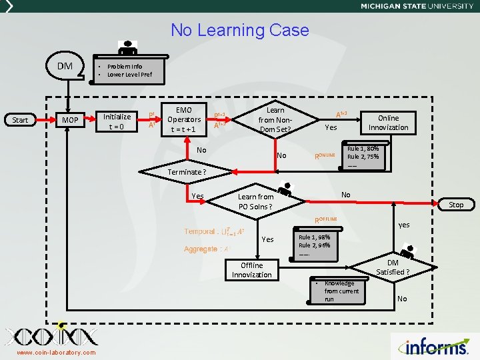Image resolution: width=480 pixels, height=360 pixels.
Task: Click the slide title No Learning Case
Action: (240, 30)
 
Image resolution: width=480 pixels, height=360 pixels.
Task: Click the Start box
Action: (21, 120)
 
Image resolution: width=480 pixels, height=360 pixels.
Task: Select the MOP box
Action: (70, 120)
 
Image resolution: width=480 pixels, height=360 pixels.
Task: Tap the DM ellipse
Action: (65, 66)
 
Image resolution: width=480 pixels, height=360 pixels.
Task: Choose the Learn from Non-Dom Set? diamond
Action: (275, 119)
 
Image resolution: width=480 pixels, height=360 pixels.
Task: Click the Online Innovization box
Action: (388, 122)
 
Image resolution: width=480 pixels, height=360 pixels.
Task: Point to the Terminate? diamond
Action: (187, 171)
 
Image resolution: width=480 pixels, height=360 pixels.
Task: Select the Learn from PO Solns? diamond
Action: (256, 201)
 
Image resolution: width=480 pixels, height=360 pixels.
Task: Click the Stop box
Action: (456, 205)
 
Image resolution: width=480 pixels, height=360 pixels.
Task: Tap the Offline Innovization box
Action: (252, 269)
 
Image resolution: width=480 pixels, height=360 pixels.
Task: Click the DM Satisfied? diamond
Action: (393, 267)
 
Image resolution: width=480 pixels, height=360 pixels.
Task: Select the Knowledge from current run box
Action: (340, 291)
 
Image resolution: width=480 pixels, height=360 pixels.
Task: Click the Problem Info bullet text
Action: (125, 67)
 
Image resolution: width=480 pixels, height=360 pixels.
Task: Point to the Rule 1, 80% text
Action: (363, 148)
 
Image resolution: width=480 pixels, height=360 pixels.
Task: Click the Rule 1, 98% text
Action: (314, 237)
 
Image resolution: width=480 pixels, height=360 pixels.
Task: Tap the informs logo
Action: (437, 347)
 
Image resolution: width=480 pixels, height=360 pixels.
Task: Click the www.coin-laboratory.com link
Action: (56, 353)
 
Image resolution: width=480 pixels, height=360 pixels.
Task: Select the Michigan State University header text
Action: (417, 6)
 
